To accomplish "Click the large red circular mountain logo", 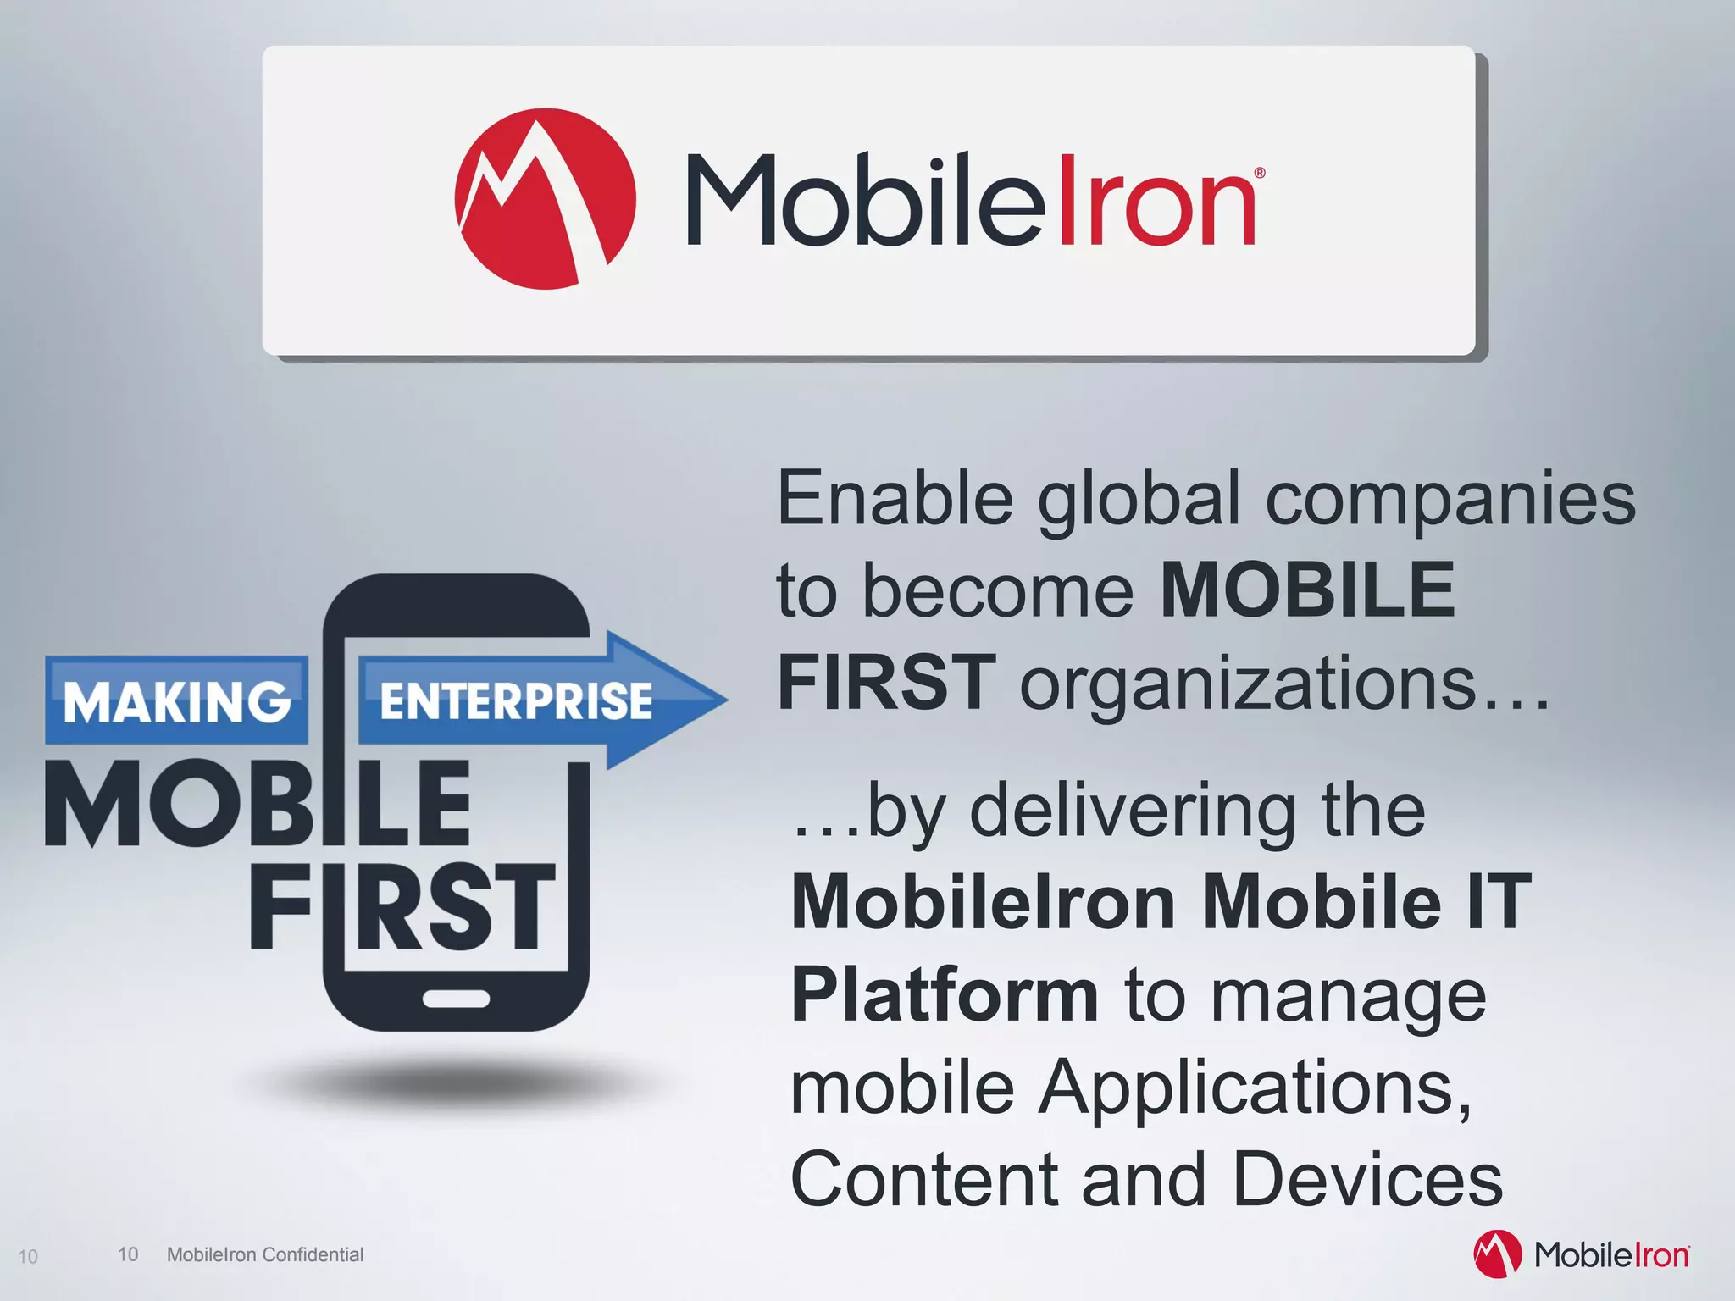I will [545, 199].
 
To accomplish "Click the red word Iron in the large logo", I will [1156, 201].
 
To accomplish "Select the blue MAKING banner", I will [176, 701].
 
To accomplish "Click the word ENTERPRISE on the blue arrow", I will [516, 701].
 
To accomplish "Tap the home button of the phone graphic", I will [456, 999].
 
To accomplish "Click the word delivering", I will [1132, 811].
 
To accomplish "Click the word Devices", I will [1367, 1179].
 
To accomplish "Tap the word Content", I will [923, 1179].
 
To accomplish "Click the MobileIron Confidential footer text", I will [265, 1254].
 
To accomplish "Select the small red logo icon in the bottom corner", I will [1497, 1254].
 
